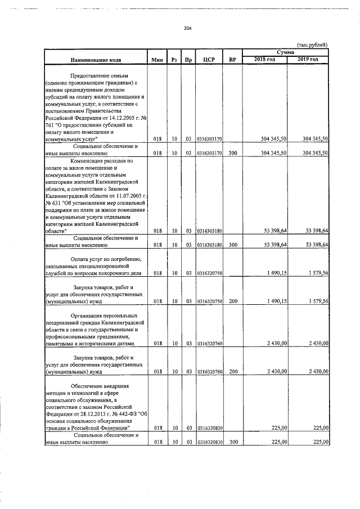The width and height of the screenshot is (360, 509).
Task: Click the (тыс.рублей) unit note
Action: [312, 45]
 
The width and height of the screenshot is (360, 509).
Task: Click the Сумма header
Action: [285, 52]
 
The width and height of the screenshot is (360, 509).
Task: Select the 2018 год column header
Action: [264, 59]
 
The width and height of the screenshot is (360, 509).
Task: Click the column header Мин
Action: [157, 60]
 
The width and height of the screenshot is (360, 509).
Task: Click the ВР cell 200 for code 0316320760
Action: [233, 372]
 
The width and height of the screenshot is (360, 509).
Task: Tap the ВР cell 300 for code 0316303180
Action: [233, 245]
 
